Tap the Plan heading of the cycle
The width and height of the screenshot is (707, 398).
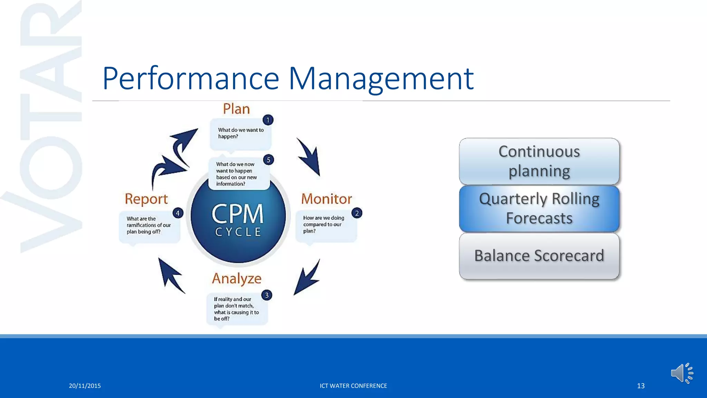236,109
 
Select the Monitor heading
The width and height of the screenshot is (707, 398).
326,199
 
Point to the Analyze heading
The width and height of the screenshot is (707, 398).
237,278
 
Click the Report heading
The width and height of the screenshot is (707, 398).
146,199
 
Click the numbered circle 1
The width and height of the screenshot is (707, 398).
268,120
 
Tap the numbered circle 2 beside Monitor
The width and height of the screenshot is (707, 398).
357,213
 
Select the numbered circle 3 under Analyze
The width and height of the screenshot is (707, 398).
267,295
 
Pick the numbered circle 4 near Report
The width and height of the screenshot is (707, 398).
178,213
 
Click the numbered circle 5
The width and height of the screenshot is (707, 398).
268,160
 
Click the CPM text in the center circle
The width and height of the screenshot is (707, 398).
238,214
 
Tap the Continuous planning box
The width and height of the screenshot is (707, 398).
539,161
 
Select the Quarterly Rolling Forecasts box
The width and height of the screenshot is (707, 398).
539,209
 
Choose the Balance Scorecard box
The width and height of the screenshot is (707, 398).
539,256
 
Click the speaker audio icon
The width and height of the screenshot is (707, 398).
681,373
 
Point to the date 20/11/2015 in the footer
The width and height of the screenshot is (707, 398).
85,386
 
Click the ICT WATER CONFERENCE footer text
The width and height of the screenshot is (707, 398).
353,386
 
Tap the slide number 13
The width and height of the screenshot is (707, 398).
641,386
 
